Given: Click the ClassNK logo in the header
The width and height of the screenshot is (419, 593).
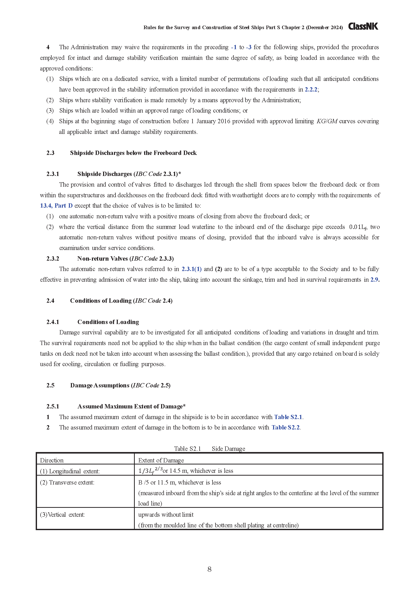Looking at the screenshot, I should click(363, 26).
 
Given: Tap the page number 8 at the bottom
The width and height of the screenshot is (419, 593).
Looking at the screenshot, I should click(209, 569).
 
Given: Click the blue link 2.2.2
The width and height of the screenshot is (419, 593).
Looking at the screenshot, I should click(311, 89).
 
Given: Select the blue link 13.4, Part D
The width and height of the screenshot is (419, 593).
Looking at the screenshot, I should click(56, 206).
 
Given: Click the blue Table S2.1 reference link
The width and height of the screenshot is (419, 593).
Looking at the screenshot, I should click(288, 417).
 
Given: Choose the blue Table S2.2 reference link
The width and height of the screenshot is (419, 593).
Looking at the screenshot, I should click(285, 427).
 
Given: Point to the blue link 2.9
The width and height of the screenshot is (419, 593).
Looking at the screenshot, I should click(374, 279).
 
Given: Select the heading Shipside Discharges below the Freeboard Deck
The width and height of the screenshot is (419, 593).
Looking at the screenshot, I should click(133, 153).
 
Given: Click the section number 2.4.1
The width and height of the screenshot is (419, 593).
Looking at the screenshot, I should click(53, 322).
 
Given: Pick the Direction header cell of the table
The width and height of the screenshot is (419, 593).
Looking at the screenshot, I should click(52, 460).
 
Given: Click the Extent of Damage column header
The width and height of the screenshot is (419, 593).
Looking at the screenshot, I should click(161, 460).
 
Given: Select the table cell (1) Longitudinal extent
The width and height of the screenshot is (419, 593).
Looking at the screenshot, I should click(70, 471).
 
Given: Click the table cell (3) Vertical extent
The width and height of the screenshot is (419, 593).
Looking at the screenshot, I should click(62, 514).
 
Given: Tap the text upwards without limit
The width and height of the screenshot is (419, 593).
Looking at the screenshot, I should click(166, 514).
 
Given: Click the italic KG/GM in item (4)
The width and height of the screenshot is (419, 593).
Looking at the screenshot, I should click(327, 121).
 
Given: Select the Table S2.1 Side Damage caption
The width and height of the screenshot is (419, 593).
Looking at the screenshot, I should click(209, 449).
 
